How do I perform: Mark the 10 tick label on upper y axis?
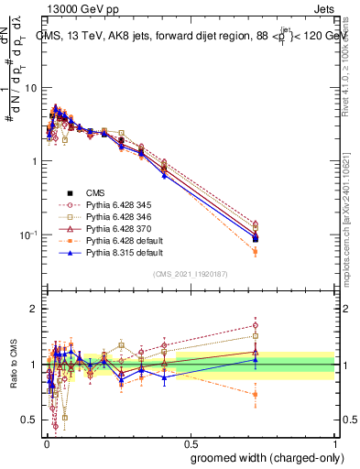point(31,88)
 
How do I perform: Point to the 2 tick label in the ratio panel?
point(34,310)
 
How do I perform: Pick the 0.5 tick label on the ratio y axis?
point(30,420)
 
